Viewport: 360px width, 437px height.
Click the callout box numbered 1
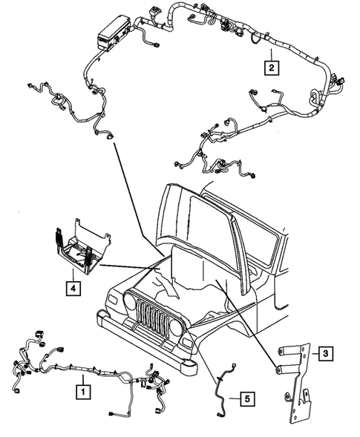coord(83,387)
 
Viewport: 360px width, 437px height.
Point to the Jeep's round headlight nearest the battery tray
coord(131,303)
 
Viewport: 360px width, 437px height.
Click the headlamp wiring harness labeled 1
coord(82,367)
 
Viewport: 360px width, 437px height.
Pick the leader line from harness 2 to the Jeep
coord(137,200)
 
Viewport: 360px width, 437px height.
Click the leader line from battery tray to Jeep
coord(134,264)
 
